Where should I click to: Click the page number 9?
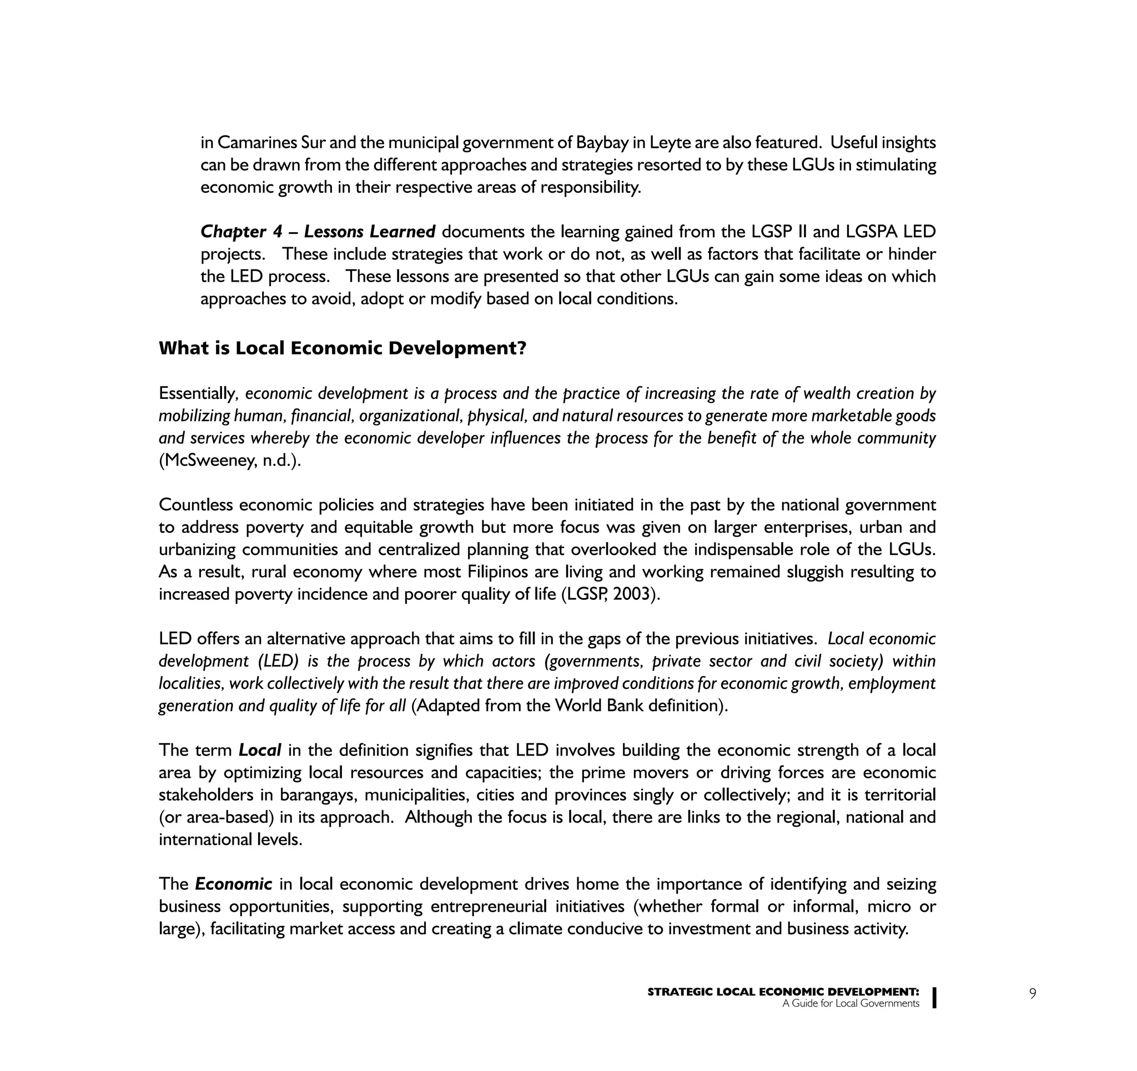[1032, 993]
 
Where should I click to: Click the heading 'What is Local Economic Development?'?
[342, 348]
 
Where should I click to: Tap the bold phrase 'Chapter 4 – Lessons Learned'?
[318, 232]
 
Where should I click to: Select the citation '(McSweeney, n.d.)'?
[230, 461]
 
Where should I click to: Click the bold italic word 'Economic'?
[233, 884]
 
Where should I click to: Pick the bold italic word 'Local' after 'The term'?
[260, 750]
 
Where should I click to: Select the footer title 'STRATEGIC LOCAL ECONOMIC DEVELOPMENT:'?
[783, 992]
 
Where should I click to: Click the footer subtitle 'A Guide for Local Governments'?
[851, 1003]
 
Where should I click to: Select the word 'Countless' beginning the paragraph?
[195, 505]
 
